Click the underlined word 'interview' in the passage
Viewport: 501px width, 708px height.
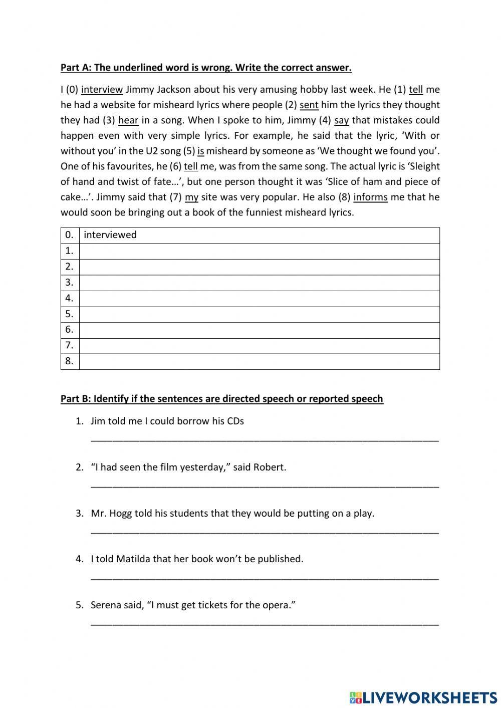tap(102, 90)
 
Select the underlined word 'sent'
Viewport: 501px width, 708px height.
tap(309, 105)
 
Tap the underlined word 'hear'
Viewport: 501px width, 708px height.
tap(128, 120)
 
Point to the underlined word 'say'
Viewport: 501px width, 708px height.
tap(341, 120)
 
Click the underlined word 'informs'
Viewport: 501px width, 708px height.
tap(370, 197)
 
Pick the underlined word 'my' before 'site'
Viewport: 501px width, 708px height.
tap(191, 197)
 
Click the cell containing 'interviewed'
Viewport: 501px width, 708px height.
tap(259, 235)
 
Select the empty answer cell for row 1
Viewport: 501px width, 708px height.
tap(259, 251)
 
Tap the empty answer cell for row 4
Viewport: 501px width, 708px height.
tap(259, 299)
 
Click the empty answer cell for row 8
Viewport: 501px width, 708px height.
tap(259, 361)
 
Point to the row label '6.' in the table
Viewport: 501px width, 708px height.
tap(70, 330)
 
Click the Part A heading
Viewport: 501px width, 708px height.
tap(206, 68)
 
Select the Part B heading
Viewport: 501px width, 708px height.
tap(221, 399)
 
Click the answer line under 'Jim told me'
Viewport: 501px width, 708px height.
tap(265, 439)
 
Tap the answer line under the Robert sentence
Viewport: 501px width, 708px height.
tap(265, 485)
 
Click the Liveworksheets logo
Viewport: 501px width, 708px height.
tap(423, 697)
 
